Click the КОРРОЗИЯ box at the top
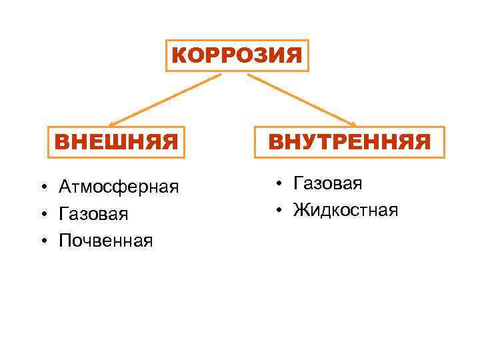[237, 55]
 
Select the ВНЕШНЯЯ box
[116, 142]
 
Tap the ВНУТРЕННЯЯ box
[349, 142]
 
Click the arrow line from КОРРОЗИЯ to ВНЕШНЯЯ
[167, 99]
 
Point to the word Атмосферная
[119, 186]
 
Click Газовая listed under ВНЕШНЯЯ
[93, 213]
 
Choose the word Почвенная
[105, 240]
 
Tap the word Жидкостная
[345, 211]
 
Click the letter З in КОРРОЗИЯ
[253, 55]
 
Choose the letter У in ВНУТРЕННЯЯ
[313, 142]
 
